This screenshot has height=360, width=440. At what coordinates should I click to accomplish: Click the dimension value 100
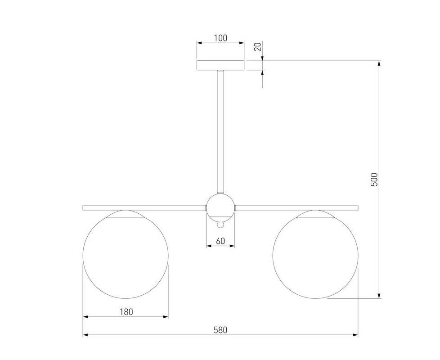(x=220, y=38)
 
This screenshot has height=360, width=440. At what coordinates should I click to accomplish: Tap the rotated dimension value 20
(x=258, y=46)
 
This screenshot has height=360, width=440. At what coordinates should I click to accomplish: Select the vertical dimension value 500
(x=375, y=179)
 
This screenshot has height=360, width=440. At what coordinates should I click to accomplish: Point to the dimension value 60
(x=220, y=241)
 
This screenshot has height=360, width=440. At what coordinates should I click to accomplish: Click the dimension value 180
(x=126, y=312)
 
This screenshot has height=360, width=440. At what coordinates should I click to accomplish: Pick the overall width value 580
(x=220, y=330)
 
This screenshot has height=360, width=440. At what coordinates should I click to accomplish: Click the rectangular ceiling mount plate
(x=220, y=65)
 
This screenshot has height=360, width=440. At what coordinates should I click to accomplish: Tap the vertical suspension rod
(x=220, y=132)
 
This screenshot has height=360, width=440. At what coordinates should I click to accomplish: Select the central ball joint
(x=220, y=207)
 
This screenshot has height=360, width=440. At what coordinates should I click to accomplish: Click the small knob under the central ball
(x=220, y=225)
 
